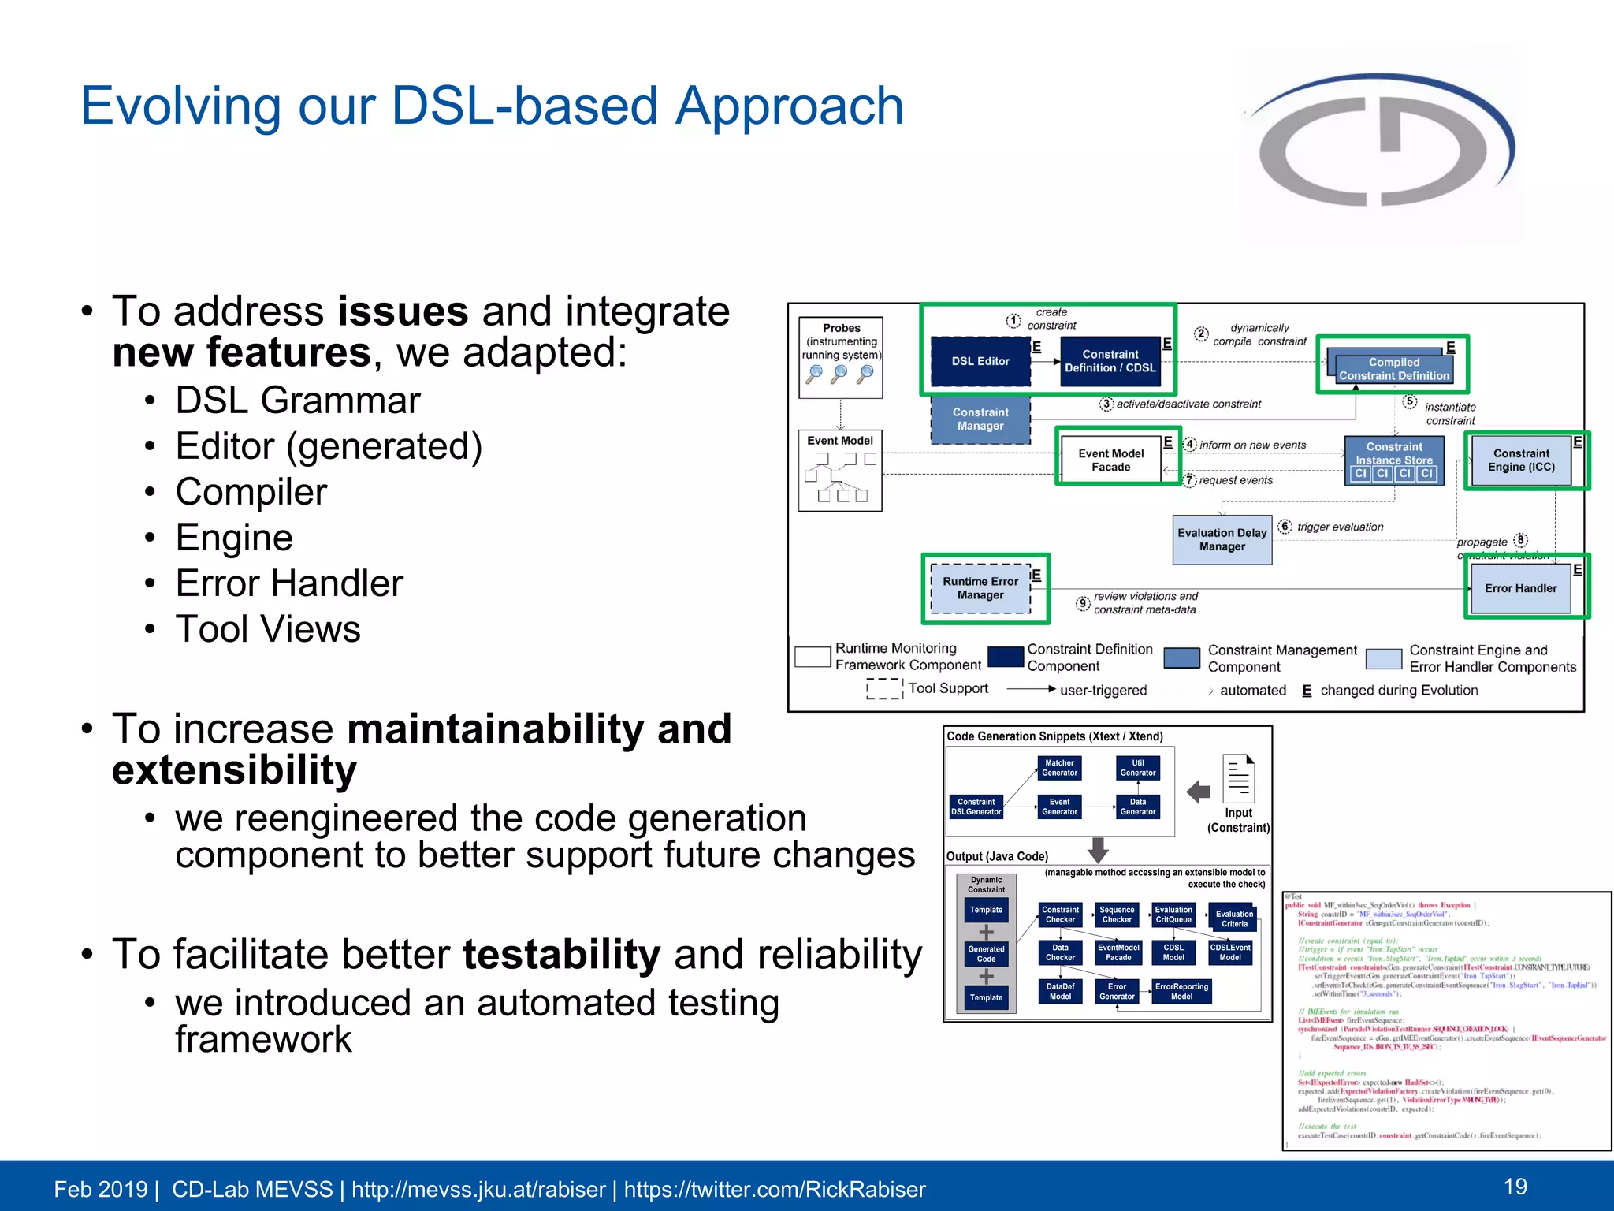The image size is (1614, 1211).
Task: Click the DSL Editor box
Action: pyautogui.click(x=980, y=361)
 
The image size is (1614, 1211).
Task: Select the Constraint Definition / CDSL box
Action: pyautogui.click(x=1110, y=361)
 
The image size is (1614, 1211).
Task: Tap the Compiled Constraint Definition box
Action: pyautogui.click(x=1393, y=369)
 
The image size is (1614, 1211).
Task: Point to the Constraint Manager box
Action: pyautogui.click(x=980, y=419)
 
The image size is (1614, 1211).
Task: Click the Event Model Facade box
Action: pyautogui.click(x=1110, y=460)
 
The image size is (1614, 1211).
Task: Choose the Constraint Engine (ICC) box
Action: pyautogui.click(x=1520, y=460)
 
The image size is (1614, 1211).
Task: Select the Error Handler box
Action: pyautogui.click(x=1520, y=588)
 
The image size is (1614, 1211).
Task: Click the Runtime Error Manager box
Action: pyautogui.click(x=980, y=588)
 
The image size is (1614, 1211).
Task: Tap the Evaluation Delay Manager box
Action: pyautogui.click(x=1222, y=539)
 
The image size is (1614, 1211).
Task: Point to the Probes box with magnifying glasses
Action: pyautogui.click(x=840, y=357)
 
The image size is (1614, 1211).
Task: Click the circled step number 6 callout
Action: pyautogui.click(x=1285, y=526)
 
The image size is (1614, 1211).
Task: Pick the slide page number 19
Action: pyautogui.click(x=1515, y=1187)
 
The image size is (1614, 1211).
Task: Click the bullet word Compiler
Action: pyautogui.click(x=251, y=492)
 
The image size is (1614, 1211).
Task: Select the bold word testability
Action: pyautogui.click(x=561, y=955)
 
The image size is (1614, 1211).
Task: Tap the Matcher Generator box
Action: pyautogui.click(x=1059, y=768)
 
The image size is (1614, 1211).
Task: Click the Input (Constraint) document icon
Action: pyautogui.click(x=1238, y=779)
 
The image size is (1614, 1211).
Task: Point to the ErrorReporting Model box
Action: pyautogui.click(x=1181, y=992)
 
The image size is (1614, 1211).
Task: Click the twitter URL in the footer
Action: pyautogui.click(x=775, y=1189)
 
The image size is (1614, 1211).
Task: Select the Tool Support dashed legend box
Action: pyautogui.click(x=884, y=688)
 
